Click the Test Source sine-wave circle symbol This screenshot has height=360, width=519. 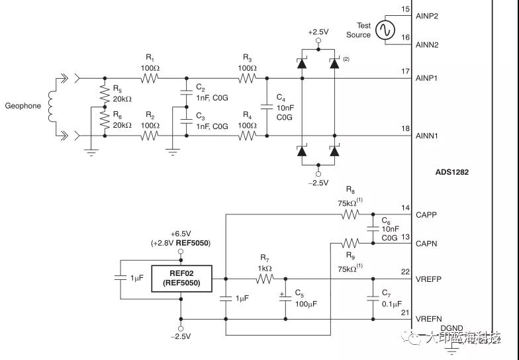click(385, 30)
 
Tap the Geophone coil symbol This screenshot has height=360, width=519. click(50, 106)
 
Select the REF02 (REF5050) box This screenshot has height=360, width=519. click(181, 279)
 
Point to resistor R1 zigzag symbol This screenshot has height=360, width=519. click(149, 78)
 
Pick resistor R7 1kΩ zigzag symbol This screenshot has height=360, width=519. click(264, 279)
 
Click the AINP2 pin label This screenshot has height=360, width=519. click(428, 14)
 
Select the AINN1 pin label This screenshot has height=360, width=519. click(428, 136)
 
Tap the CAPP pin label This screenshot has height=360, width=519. click(426, 214)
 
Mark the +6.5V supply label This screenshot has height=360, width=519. click(181, 234)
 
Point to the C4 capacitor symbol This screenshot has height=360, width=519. click(267, 107)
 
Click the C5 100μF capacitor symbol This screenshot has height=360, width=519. click(285, 298)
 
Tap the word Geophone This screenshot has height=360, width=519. click(23, 106)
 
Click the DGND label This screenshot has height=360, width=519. click(451, 328)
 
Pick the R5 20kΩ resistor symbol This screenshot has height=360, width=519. click(103, 93)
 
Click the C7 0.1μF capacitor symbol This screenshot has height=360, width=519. click(371, 298)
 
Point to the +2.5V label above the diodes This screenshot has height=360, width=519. click(318, 32)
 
